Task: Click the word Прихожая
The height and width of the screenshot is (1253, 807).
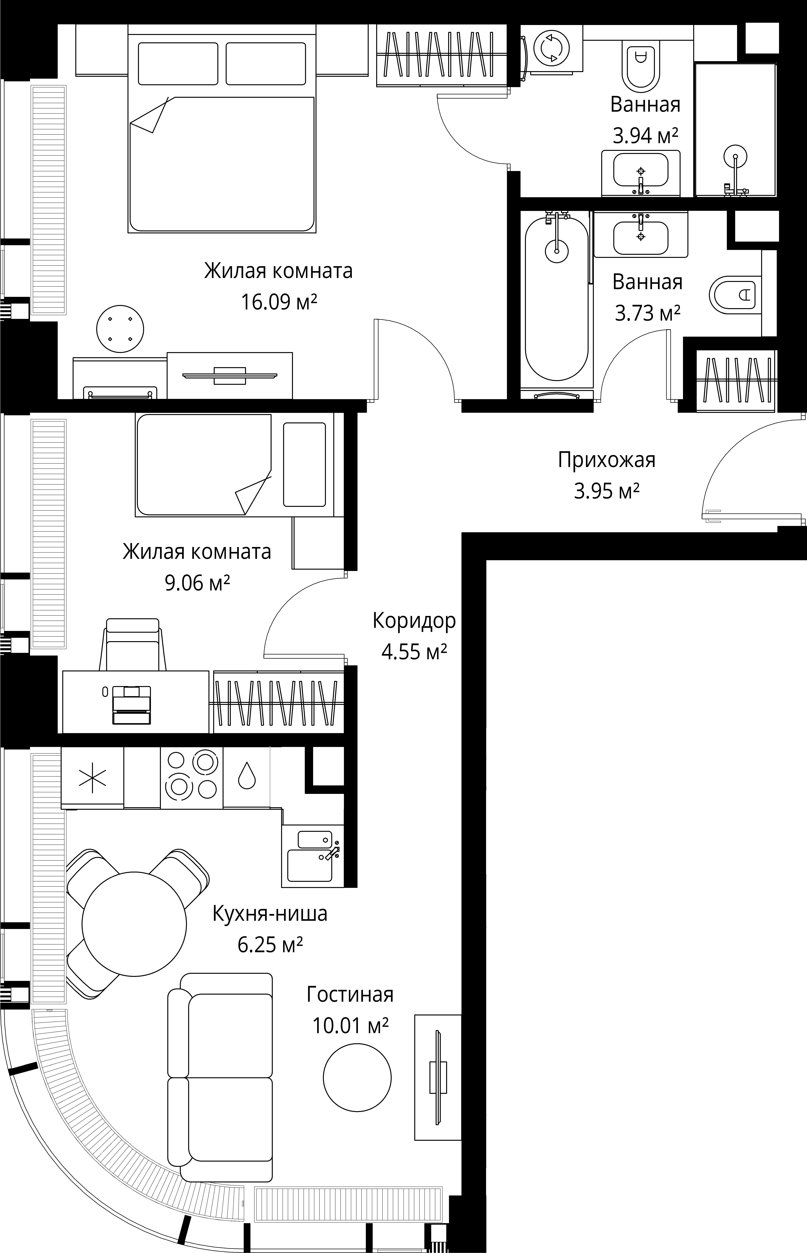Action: pyautogui.click(x=606, y=460)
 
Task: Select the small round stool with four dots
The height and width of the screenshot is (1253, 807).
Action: pyautogui.click(x=120, y=330)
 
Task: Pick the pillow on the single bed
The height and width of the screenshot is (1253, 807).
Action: pyautogui.click(x=305, y=465)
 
